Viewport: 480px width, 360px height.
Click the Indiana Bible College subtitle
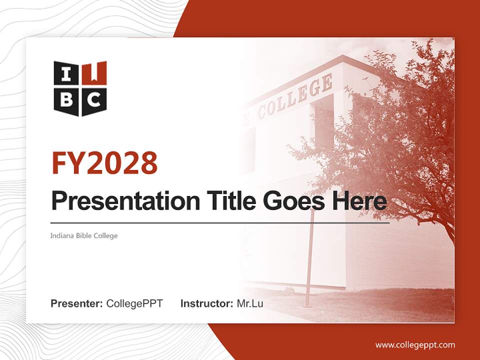tap(84, 235)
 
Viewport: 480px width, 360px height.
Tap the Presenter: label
tap(77, 303)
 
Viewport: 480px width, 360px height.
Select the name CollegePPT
tap(134, 303)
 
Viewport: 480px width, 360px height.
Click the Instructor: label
tap(206, 303)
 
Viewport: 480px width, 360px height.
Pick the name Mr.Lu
tap(250, 303)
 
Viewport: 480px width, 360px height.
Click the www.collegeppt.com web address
tap(415, 344)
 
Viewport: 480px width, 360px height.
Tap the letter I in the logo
tap(66, 74)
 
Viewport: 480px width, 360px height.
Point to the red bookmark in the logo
tap(97, 71)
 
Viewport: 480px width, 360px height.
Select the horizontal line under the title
tap(220, 223)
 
